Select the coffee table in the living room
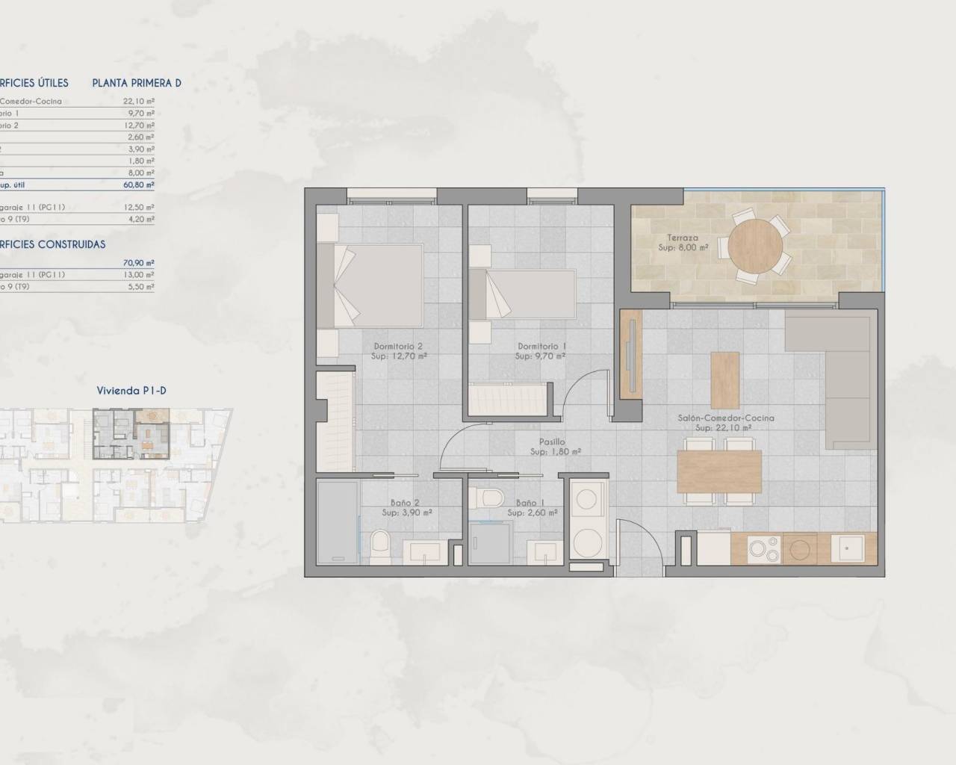point(724,380)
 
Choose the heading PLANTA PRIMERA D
point(137,83)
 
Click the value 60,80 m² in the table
point(139,185)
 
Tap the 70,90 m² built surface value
point(139,263)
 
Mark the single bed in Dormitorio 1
point(524,296)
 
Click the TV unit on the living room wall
point(631,354)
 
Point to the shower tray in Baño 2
point(338,523)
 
